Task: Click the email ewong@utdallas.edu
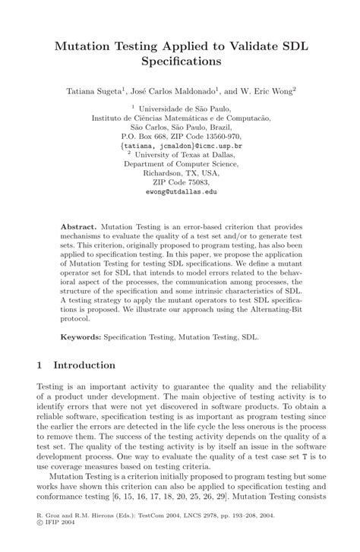click(181, 193)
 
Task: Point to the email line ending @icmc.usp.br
click(181, 144)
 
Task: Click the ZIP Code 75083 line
click(181, 183)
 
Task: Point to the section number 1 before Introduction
click(39, 365)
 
